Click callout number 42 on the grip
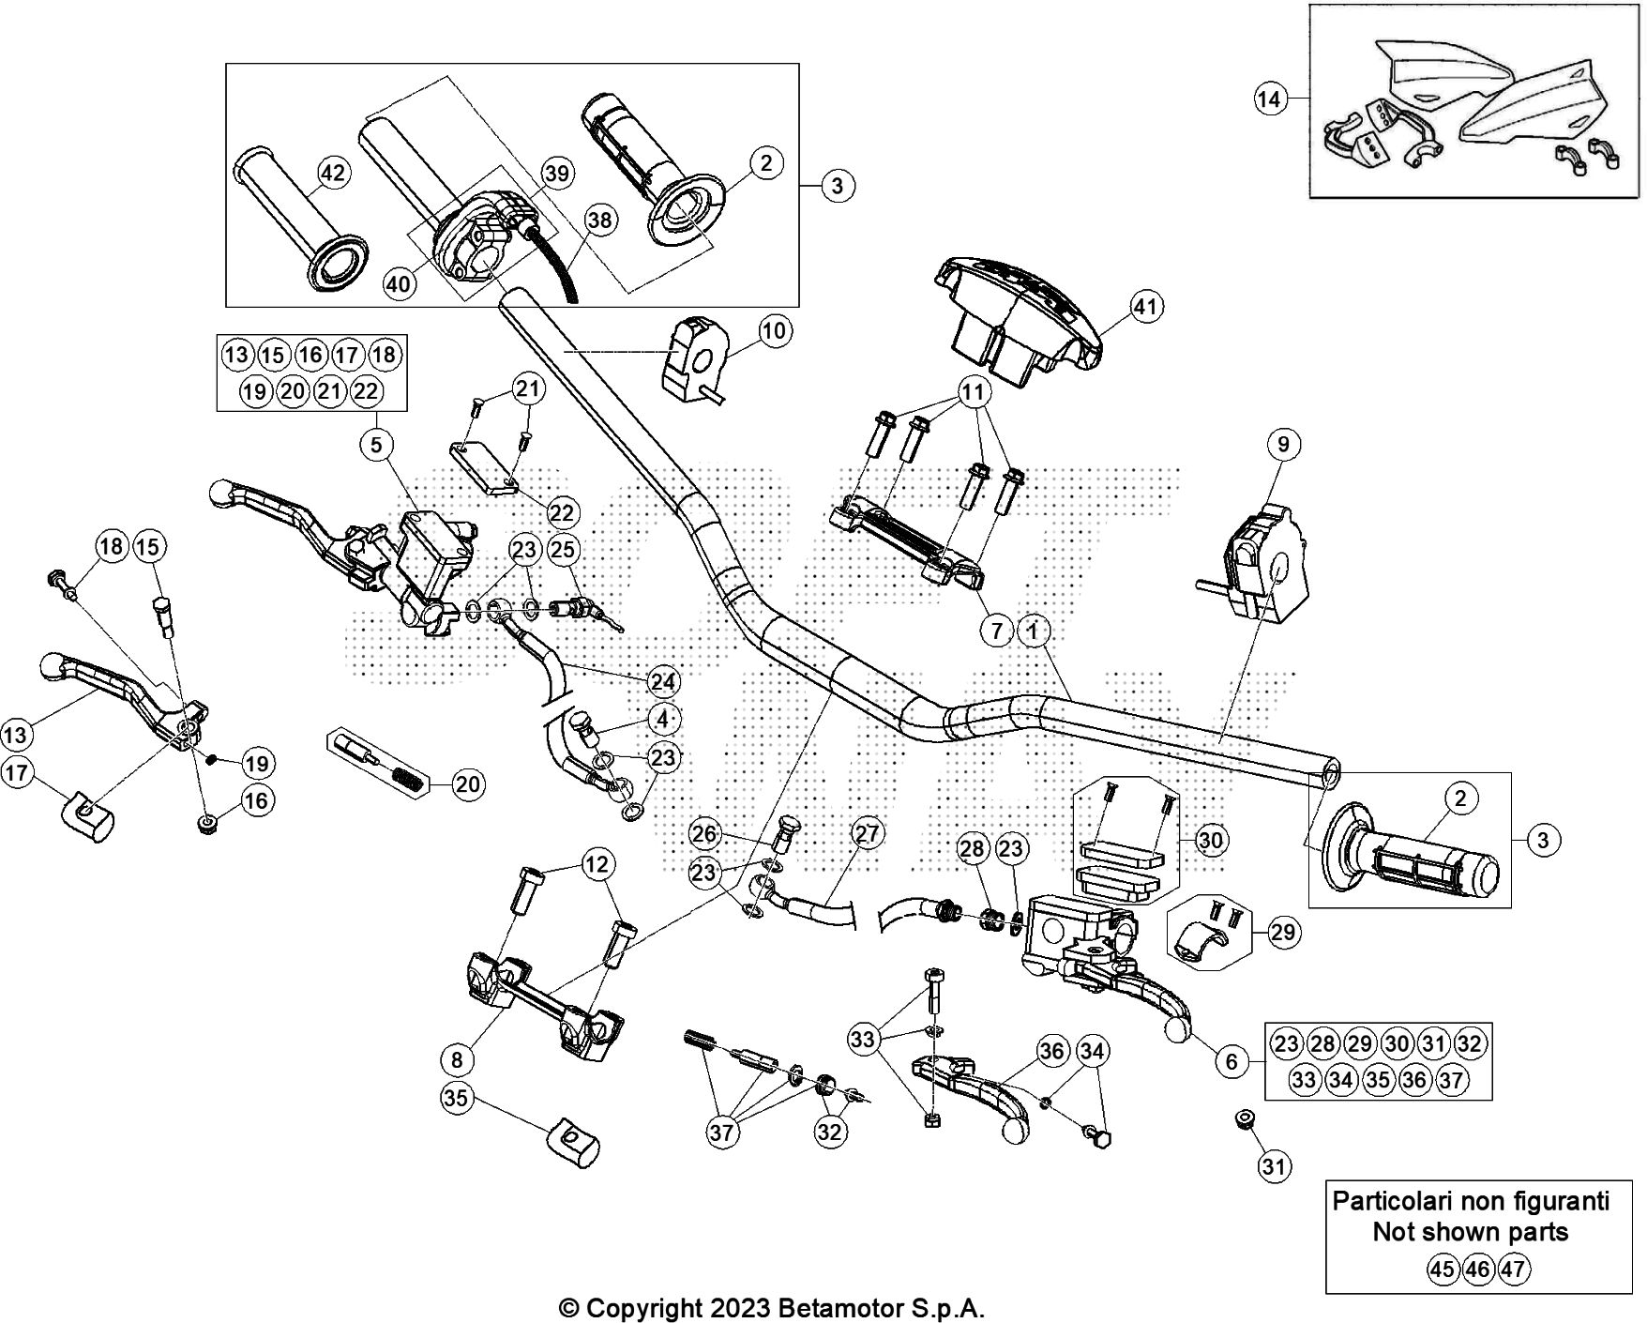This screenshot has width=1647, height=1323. [333, 173]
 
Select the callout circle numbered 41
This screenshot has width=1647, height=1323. [1145, 306]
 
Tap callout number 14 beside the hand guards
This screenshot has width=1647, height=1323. [1270, 99]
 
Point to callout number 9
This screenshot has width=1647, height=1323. [1284, 443]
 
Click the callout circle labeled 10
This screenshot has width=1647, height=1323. [775, 330]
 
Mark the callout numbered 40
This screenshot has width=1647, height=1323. [400, 283]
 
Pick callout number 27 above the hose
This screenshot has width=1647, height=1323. [869, 833]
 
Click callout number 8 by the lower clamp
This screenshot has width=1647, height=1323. [457, 1060]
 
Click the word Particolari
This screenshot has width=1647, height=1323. [1398, 1200]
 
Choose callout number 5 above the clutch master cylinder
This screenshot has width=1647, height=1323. [376, 444]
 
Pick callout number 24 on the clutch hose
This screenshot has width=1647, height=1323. [664, 681]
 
